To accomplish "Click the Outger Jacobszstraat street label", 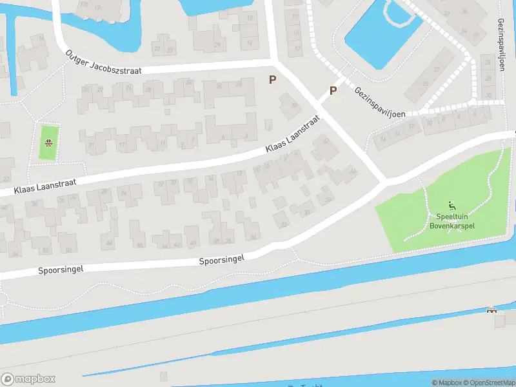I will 103,62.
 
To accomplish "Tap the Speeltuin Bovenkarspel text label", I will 451,221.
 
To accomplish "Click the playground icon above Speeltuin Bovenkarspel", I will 451,206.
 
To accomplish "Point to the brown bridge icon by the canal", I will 492,311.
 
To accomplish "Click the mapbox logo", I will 28,379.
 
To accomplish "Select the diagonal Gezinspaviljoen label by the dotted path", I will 379,102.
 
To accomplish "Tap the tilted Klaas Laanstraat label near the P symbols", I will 292,135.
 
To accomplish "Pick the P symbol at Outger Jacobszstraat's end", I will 273,80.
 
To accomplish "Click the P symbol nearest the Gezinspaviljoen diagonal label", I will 333,91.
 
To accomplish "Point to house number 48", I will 109,243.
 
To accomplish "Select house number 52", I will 44,250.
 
